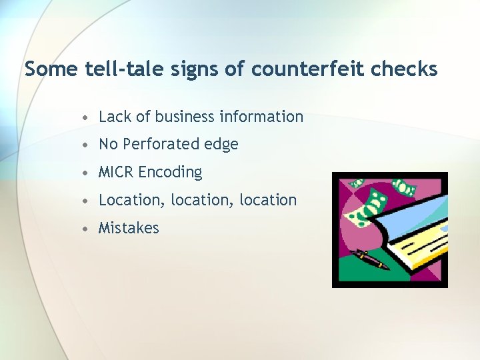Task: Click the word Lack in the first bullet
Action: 115,117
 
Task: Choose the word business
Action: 184,117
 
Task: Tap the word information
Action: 261,117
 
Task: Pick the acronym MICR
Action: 115,172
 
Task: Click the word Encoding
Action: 170,173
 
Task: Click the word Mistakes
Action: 129,228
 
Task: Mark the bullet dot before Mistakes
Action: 86,229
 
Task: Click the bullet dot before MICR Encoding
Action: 86,173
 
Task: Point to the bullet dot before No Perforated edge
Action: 86,145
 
